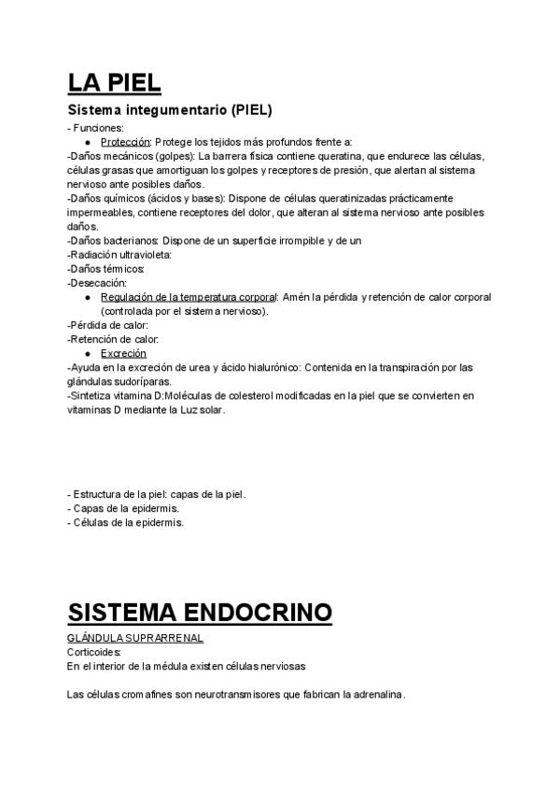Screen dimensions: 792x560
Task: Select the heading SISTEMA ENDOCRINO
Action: pyautogui.click(x=200, y=613)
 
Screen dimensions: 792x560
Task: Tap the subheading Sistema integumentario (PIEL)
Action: pyautogui.click(x=170, y=110)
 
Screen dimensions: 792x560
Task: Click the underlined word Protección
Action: pyautogui.click(x=126, y=141)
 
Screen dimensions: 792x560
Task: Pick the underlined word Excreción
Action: pyautogui.click(x=123, y=354)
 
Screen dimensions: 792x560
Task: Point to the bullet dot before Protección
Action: pyautogui.click(x=88, y=141)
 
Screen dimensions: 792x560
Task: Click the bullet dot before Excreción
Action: pyautogui.click(x=88, y=354)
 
